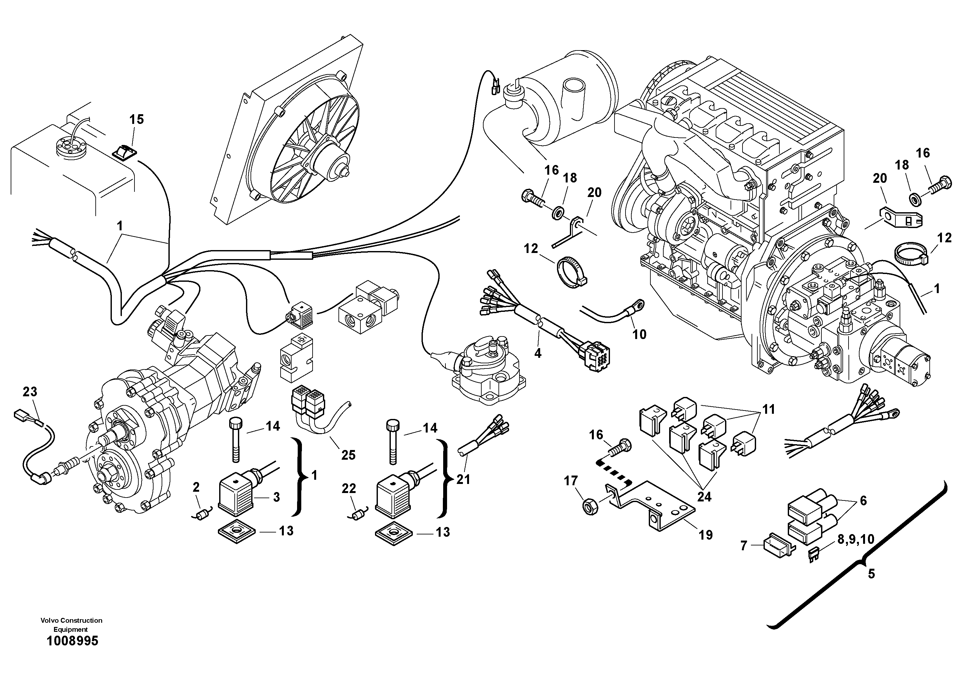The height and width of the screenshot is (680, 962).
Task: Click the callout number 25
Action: point(348,455)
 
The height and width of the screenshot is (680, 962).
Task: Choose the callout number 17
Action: point(571,481)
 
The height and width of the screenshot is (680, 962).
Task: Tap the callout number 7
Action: point(744,545)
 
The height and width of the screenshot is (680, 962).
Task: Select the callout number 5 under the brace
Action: point(871,574)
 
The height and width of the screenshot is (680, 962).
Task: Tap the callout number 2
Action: point(196,487)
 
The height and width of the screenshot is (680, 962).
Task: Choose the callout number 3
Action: point(276,497)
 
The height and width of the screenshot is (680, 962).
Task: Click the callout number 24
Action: point(704,497)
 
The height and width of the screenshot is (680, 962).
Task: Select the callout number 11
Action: point(768,409)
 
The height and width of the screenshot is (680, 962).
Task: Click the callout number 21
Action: point(463,479)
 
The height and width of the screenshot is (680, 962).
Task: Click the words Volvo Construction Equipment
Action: point(71,625)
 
